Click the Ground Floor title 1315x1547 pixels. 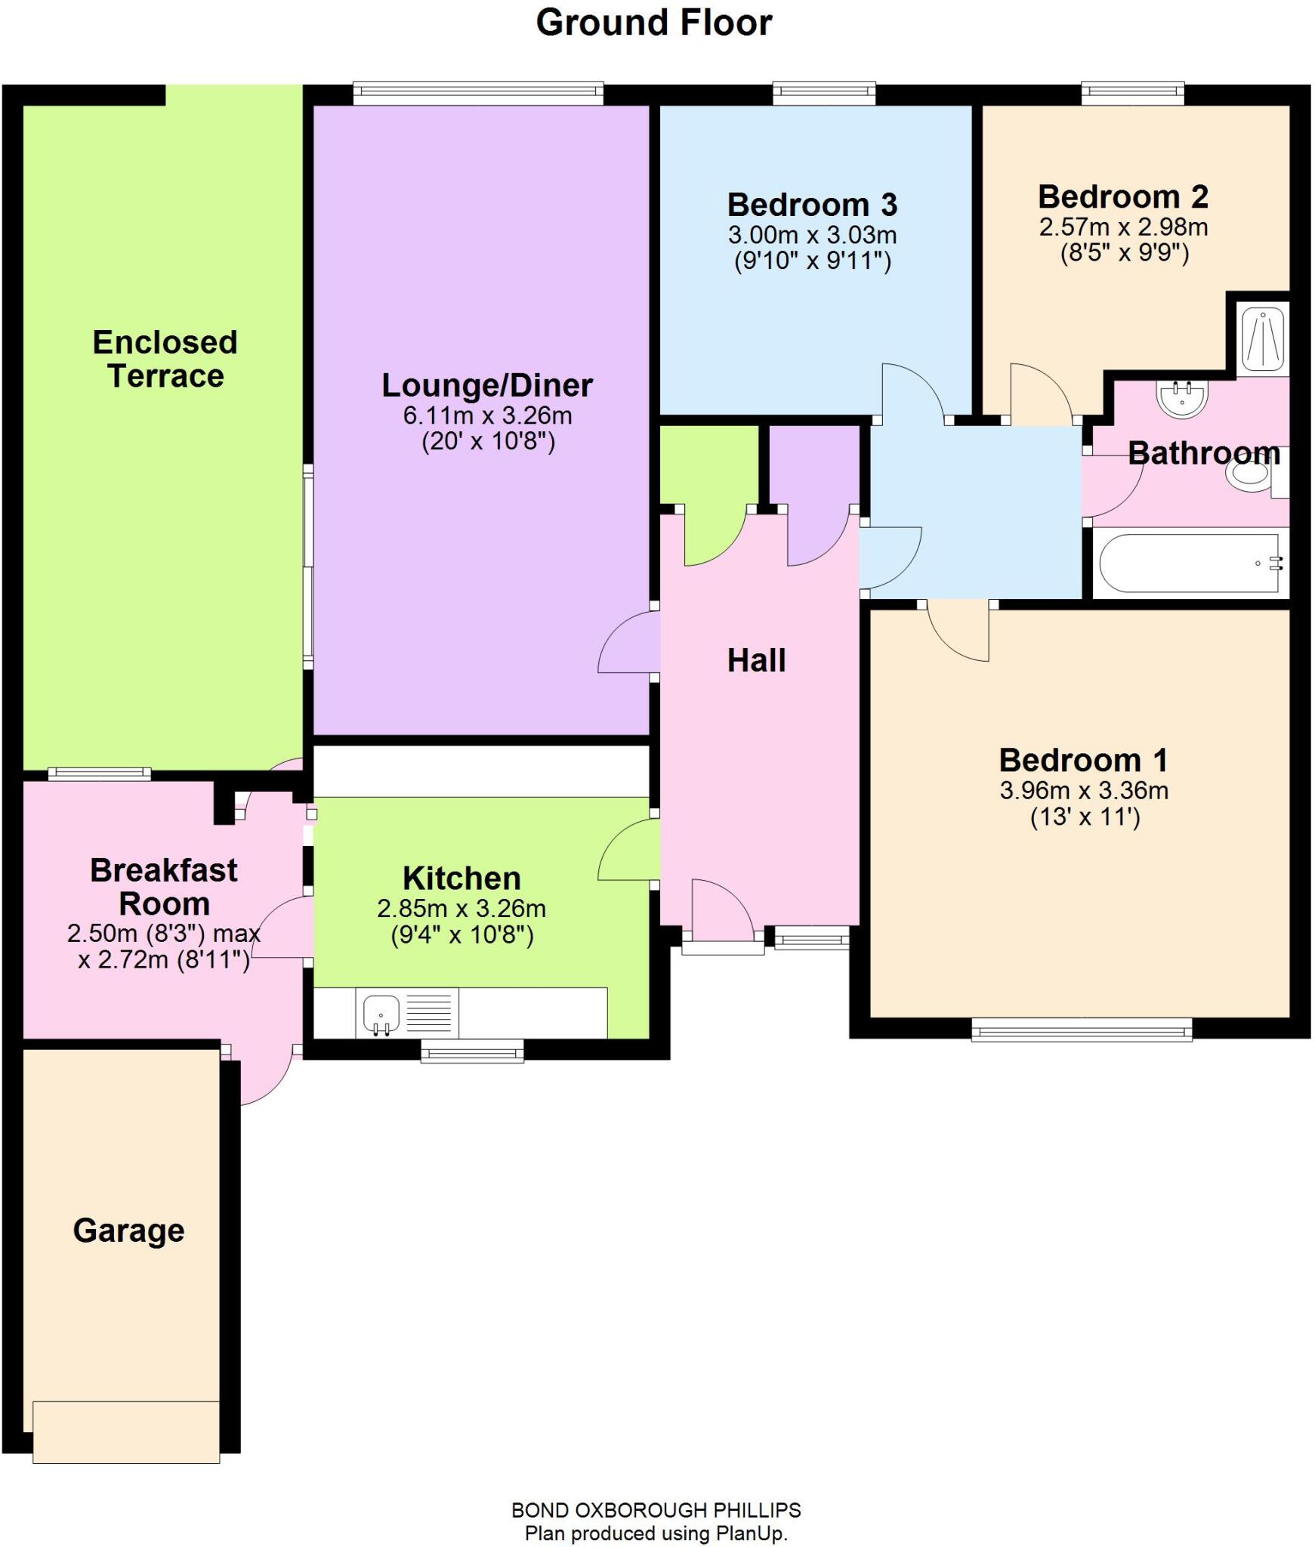653,23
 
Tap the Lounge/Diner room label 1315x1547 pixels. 487,385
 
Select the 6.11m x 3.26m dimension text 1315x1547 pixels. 487,415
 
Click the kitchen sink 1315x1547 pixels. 381,1013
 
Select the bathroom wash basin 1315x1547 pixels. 1183,398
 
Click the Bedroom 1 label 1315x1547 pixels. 1083,760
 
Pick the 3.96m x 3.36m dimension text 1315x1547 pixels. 1084,791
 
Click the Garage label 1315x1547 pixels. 128,1230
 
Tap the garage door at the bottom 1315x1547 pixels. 126,1431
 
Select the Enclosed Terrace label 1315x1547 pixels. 165,359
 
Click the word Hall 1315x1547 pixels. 756,661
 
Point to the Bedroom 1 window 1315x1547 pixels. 1081,1030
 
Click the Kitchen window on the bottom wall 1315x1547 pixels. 472,1051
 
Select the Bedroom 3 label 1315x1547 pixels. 812,205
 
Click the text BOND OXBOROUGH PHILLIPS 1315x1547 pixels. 656,1510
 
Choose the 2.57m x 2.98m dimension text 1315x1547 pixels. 1123,227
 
